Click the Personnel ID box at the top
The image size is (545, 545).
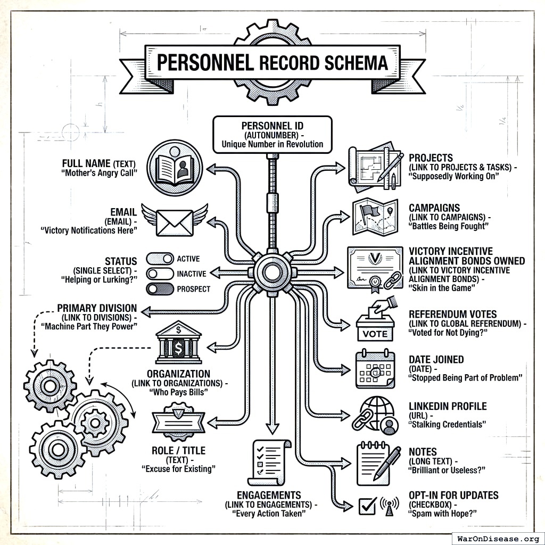click(x=272, y=134)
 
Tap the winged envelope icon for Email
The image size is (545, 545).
click(x=174, y=222)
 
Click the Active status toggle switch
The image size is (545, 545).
click(x=160, y=259)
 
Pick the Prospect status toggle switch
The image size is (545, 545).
click(x=160, y=289)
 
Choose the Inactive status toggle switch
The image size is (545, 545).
click(x=160, y=274)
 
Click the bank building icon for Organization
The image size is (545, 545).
click(x=178, y=344)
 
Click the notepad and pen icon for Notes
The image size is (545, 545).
click(x=377, y=463)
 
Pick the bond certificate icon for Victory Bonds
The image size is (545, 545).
click(x=375, y=268)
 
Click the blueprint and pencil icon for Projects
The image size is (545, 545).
click(x=375, y=167)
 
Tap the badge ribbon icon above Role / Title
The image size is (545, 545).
click(x=178, y=420)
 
